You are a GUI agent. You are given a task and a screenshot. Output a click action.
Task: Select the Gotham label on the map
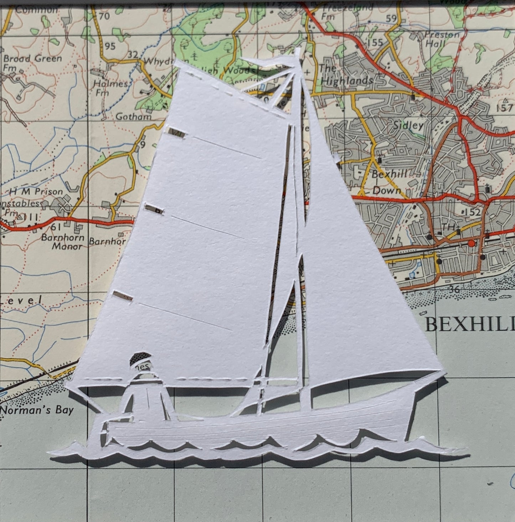point(133,117)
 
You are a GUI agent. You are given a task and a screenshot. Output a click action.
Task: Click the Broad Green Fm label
point(32,62)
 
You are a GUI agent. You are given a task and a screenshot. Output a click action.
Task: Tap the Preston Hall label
point(441,39)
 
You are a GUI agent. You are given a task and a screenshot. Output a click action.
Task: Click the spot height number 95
point(110,46)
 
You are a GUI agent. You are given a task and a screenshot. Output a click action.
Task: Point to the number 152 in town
point(472,212)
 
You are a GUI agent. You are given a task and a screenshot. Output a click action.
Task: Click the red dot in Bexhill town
point(472,243)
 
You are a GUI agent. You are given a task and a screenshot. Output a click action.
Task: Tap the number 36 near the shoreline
point(454,289)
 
